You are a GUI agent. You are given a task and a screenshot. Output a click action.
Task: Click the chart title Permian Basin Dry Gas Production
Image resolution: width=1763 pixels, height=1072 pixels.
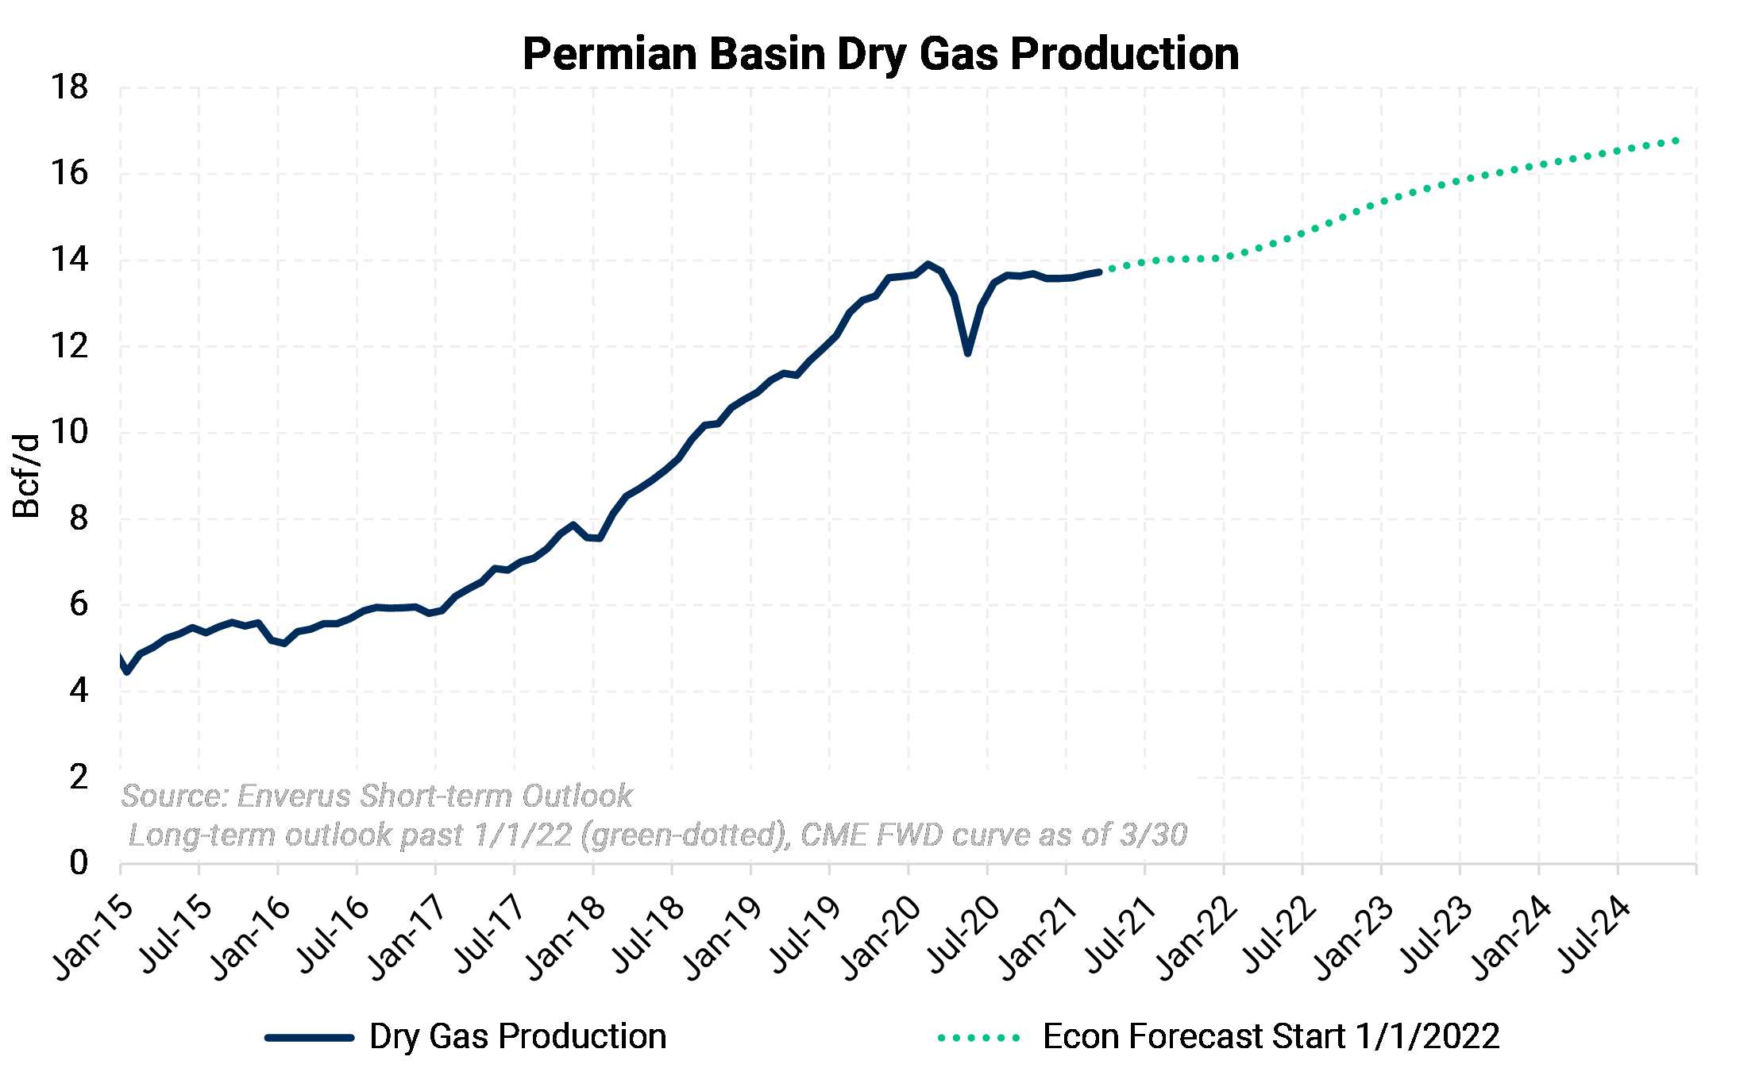881,54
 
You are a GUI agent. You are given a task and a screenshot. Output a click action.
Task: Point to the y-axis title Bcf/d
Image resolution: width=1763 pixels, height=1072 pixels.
27,476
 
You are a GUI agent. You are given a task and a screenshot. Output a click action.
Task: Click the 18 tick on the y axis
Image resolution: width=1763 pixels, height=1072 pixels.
69,87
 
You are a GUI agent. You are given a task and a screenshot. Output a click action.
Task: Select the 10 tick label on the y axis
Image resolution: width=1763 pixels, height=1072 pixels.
69,433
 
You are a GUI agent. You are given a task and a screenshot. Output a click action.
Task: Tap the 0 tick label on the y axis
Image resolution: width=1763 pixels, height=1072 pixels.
78,863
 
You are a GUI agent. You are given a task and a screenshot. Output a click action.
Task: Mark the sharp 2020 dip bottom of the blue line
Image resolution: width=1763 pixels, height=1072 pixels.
967,353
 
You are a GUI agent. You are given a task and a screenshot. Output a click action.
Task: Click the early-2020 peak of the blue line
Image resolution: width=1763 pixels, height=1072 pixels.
928,264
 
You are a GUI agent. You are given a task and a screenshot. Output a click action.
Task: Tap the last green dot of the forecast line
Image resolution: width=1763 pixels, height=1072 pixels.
1676,141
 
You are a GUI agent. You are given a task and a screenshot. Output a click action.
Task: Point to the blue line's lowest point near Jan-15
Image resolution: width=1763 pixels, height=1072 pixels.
127,672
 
